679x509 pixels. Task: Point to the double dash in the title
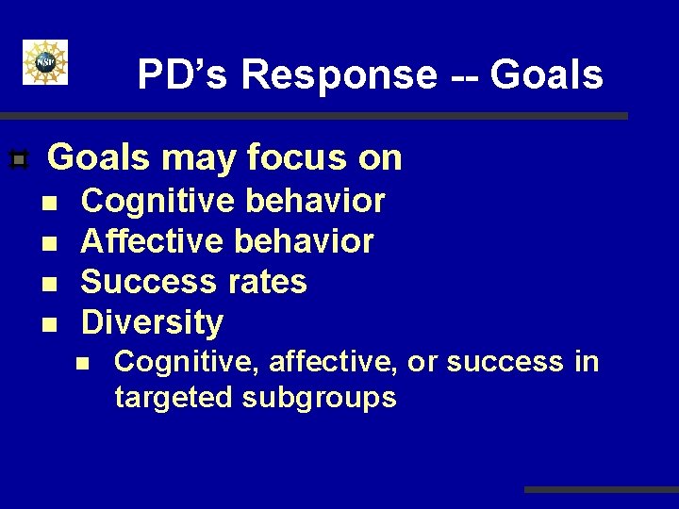pyautogui.click(x=454, y=75)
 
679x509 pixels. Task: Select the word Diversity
pyautogui.click(x=152, y=323)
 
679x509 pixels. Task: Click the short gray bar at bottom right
pyautogui.click(x=601, y=489)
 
